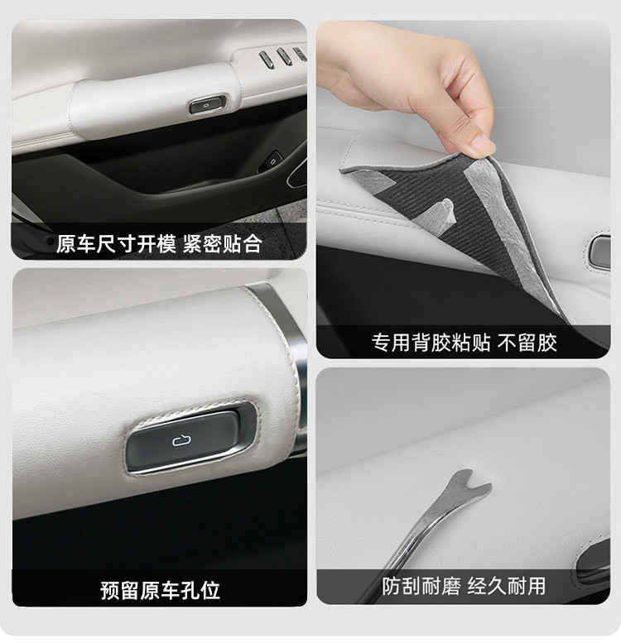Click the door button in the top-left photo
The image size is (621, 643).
(x=208, y=104)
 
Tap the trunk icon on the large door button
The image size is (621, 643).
(x=181, y=440)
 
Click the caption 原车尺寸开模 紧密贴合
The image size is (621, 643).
(x=159, y=244)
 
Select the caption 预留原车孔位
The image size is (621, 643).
(x=160, y=591)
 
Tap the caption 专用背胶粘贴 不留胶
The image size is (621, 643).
(x=464, y=343)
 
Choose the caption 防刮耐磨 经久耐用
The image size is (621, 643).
(x=464, y=586)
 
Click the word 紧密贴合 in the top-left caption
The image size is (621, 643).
(x=222, y=244)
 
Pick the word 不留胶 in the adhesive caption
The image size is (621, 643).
(x=527, y=343)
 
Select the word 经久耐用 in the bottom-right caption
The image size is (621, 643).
(x=507, y=586)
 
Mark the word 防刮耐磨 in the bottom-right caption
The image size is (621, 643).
(x=421, y=586)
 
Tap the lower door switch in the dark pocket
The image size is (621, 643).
(x=271, y=161)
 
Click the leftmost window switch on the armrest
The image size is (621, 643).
(x=266, y=58)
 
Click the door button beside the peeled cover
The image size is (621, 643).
(x=600, y=252)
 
